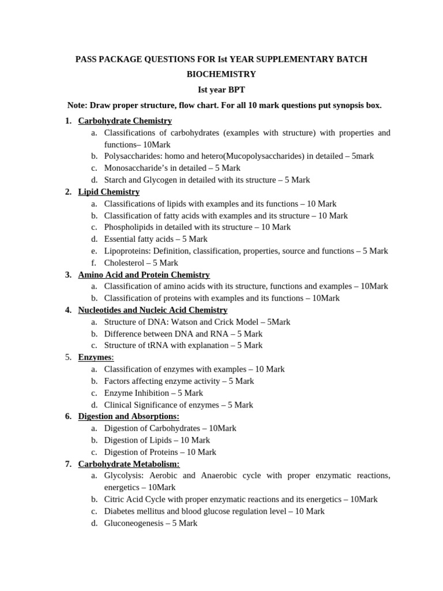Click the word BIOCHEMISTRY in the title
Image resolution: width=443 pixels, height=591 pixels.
[221, 74]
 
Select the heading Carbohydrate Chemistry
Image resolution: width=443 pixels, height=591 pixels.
[125, 121]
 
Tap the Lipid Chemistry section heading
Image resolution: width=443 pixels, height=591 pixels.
[108, 192]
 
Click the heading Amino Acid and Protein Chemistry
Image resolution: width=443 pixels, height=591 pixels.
[144, 275]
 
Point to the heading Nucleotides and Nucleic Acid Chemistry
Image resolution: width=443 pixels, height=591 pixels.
[152, 310]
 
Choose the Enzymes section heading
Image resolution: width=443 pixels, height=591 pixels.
[95, 357]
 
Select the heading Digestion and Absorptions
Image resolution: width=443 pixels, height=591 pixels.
[129, 416]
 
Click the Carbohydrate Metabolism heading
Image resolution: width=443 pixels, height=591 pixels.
[129, 463]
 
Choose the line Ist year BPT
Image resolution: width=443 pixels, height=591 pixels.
[221, 90]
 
